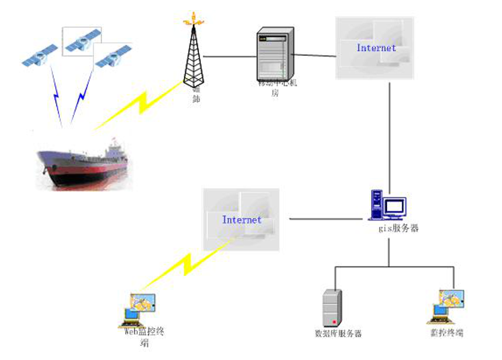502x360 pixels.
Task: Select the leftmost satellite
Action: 38,56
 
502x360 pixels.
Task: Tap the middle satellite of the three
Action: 82,42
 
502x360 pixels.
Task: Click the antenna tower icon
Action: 193,54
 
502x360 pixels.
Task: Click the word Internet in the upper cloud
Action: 376,48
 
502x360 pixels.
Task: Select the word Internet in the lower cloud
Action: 242,220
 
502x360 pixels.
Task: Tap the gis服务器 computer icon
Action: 388,206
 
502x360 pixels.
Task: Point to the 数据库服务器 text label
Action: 338,333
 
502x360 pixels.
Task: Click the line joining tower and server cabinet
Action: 228,56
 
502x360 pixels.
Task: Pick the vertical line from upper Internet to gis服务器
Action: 390,134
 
